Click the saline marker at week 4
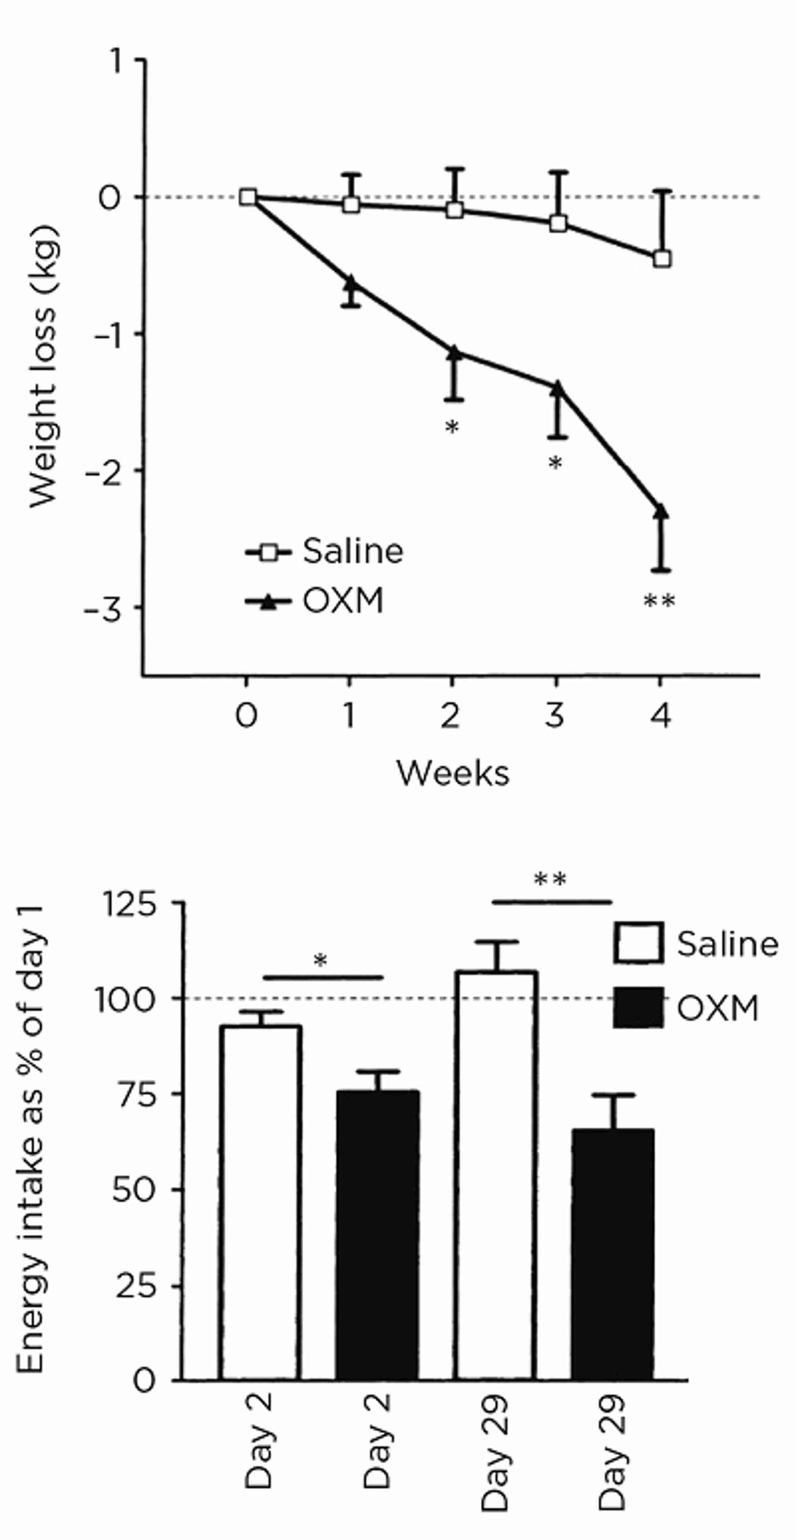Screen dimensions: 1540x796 tap(661, 259)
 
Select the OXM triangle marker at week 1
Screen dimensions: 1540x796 tap(351, 283)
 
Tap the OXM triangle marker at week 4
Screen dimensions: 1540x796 tap(661, 511)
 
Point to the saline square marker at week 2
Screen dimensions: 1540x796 tap(455, 210)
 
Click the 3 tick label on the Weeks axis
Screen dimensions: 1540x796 tap(555, 714)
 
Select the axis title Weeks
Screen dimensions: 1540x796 tap(453, 773)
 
